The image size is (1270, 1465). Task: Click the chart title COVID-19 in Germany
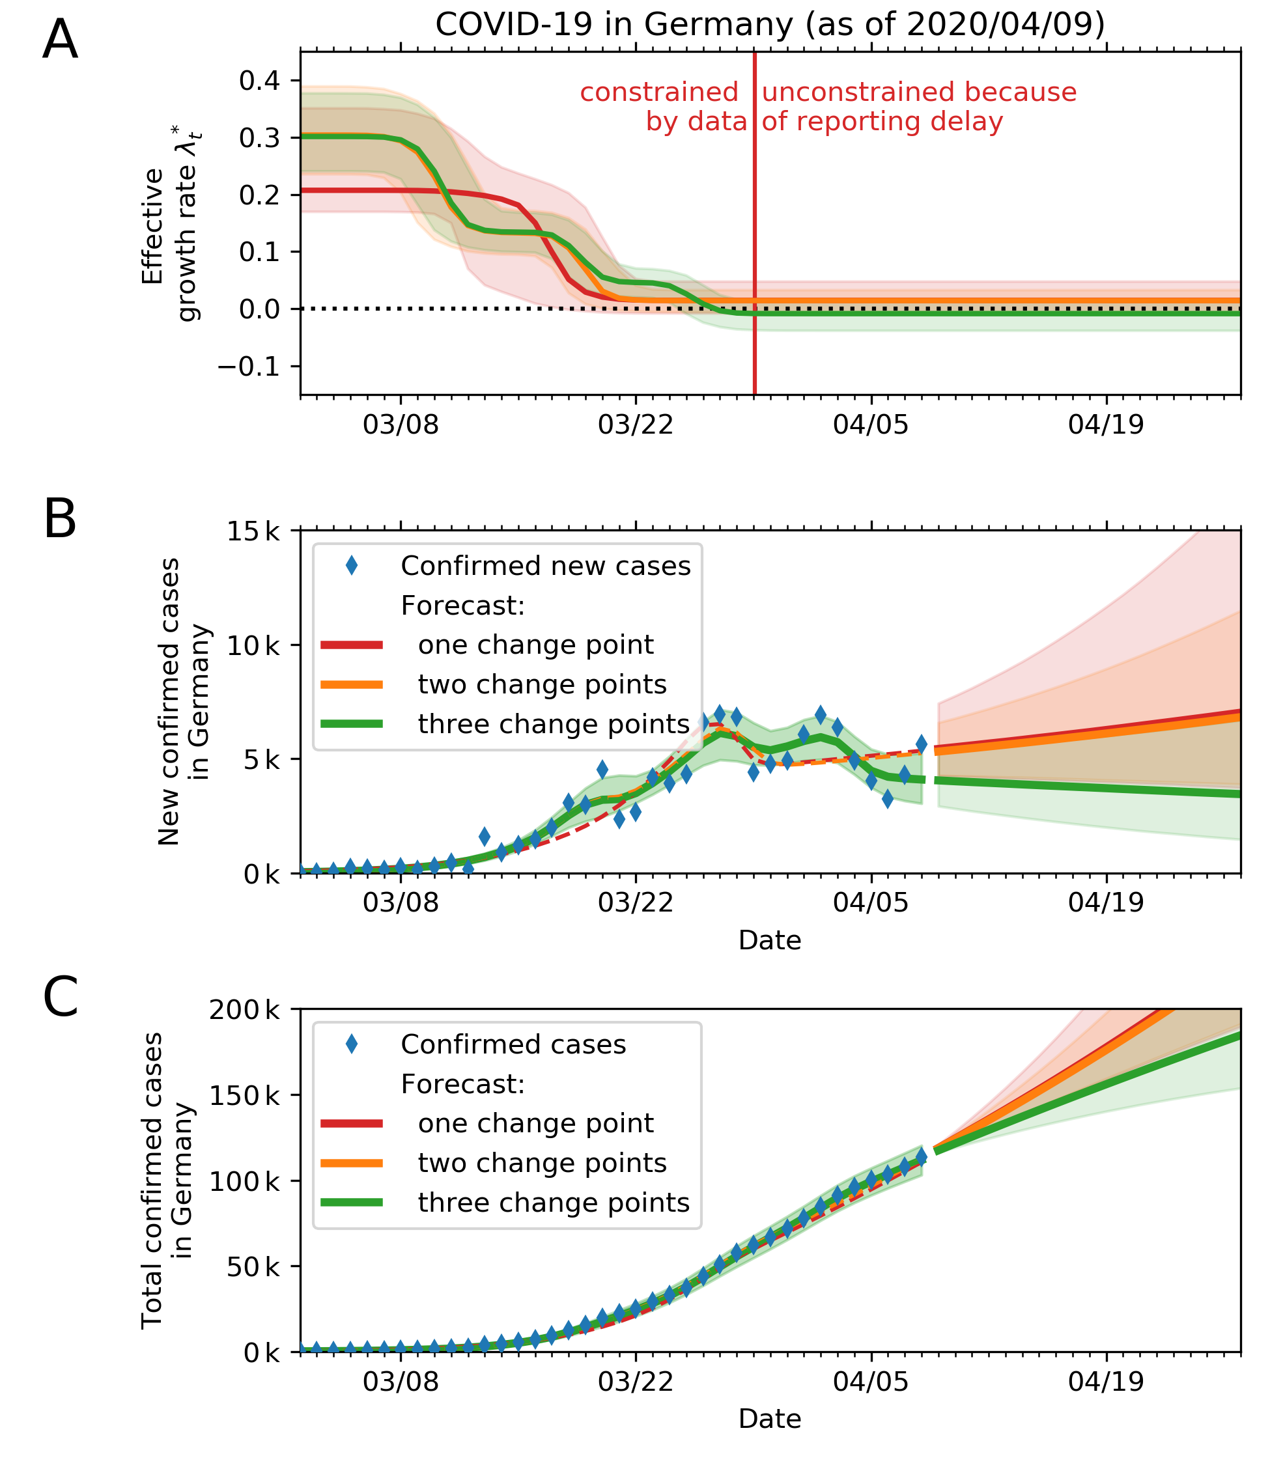pyautogui.click(x=770, y=25)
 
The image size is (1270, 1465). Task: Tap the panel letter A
pyautogui.click(x=59, y=41)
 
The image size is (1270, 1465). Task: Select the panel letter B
pyautogui.click(x=59, y=520)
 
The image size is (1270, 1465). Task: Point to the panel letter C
pyautogui.click(x=59, y=998)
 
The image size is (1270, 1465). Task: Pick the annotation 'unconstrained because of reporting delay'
pyautogui.click(x=918, y=107)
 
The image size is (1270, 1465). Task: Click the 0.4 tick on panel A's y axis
pyautogui.click(x=259, y=81)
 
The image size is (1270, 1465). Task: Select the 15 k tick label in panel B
pyautogui.click(x=253, y=531)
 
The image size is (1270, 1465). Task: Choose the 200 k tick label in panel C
pyautogui.click(x=244, y=1010)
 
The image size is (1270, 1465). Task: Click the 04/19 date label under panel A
pyautogui.click(x=1106, y=425)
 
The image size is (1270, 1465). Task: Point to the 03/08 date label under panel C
pyautogui.click(x=401, y=1382)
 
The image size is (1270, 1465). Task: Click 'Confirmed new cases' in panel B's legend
pyautogui.click(x=545, y=566)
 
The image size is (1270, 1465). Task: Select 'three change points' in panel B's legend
pyautogui.click(x=554, y=724)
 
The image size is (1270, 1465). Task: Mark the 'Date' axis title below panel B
pyautogui.click(x=770, y=941)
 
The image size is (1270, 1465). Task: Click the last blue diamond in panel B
pyautogui.click(x=921, y=744)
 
